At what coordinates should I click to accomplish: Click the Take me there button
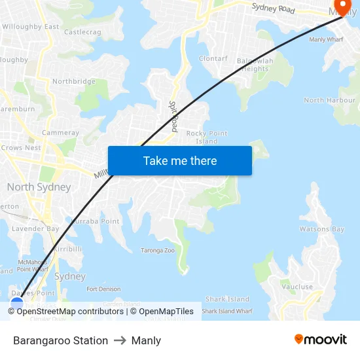click(x=180, y=160)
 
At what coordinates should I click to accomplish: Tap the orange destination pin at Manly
click(x=342, y=7)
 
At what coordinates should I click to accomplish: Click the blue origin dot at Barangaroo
click(x=17, y=302)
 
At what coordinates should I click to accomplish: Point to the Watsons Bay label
click(x=322, y=229)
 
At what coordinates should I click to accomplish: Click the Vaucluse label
click(x=297, y=287)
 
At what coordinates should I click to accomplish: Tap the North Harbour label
click(x=329, y=100)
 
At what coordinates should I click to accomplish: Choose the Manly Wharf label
click(x=326, y=40)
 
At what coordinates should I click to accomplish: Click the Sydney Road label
click(x=273, y=9)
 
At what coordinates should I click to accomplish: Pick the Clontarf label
click(x=213, y=58)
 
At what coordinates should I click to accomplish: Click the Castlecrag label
click(x=82, y=31)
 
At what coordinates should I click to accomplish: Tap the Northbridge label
click(x=74, y=82)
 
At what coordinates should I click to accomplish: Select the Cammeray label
click(x=60, y=133)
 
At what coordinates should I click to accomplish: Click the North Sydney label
click(x=39, y=187)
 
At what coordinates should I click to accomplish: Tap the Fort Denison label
click(x=103, y=289)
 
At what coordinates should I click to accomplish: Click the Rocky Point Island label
click(x=207, y=137)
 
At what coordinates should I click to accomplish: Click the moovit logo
click(x=321, y=339)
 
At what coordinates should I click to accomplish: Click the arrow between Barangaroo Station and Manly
click(x=120, y=340)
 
